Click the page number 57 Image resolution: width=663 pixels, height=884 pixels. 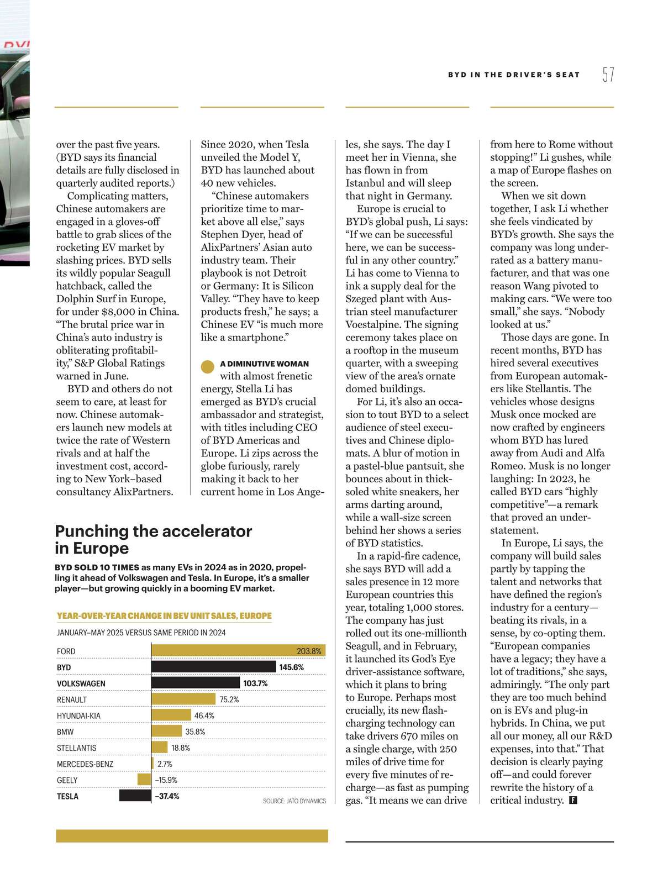(608, 75)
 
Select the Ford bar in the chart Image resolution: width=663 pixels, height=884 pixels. (238, 651)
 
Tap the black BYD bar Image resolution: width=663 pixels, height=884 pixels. (213, 667)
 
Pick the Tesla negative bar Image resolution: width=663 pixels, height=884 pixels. (135, 796)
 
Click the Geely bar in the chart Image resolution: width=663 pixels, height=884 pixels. (144, 780)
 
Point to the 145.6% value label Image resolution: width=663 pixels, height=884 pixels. (291, 667)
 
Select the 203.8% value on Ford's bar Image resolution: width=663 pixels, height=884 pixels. (309, 651)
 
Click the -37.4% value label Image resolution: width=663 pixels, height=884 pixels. (167, 796)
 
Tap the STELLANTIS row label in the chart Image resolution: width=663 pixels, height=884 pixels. (77, 748)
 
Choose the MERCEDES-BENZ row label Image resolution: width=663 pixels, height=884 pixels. (85, 764)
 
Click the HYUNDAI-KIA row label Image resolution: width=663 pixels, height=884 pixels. (78, 716)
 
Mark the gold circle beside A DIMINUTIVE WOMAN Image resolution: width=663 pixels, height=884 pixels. (208, 366)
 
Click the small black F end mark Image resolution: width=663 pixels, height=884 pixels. (573, 801)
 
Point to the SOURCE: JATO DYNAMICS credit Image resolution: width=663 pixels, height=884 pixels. (294, 801)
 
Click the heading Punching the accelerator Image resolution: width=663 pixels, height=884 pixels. (153, 531)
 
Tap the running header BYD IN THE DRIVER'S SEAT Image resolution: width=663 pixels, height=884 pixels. (514, 75)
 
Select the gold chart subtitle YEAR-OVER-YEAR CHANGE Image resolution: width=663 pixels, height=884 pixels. (164, 615)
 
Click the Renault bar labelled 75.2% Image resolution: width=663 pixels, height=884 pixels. (184, 699)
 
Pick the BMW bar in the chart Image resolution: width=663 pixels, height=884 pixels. (167, 732)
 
